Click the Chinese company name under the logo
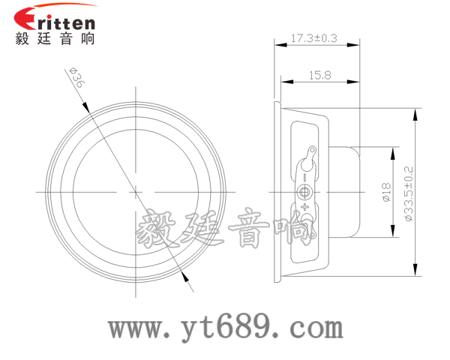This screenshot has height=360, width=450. (x=55, y=39)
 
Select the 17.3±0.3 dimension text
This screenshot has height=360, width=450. (x=314, y=37)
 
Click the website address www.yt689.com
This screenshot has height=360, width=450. (x=226, y=327)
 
